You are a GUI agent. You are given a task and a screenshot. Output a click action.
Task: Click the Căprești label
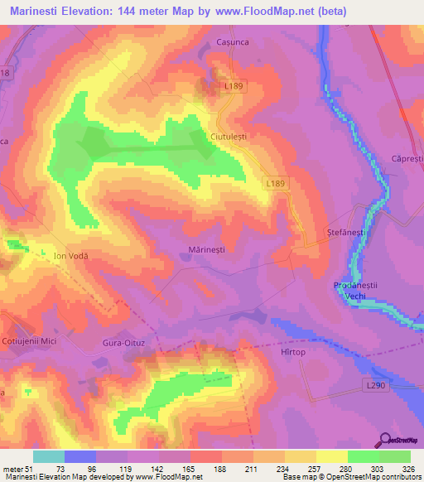coord(407,157)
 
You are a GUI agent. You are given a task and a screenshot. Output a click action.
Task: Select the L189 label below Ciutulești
coord(276,181)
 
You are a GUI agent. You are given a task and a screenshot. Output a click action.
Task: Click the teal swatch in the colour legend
coord(48,456)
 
